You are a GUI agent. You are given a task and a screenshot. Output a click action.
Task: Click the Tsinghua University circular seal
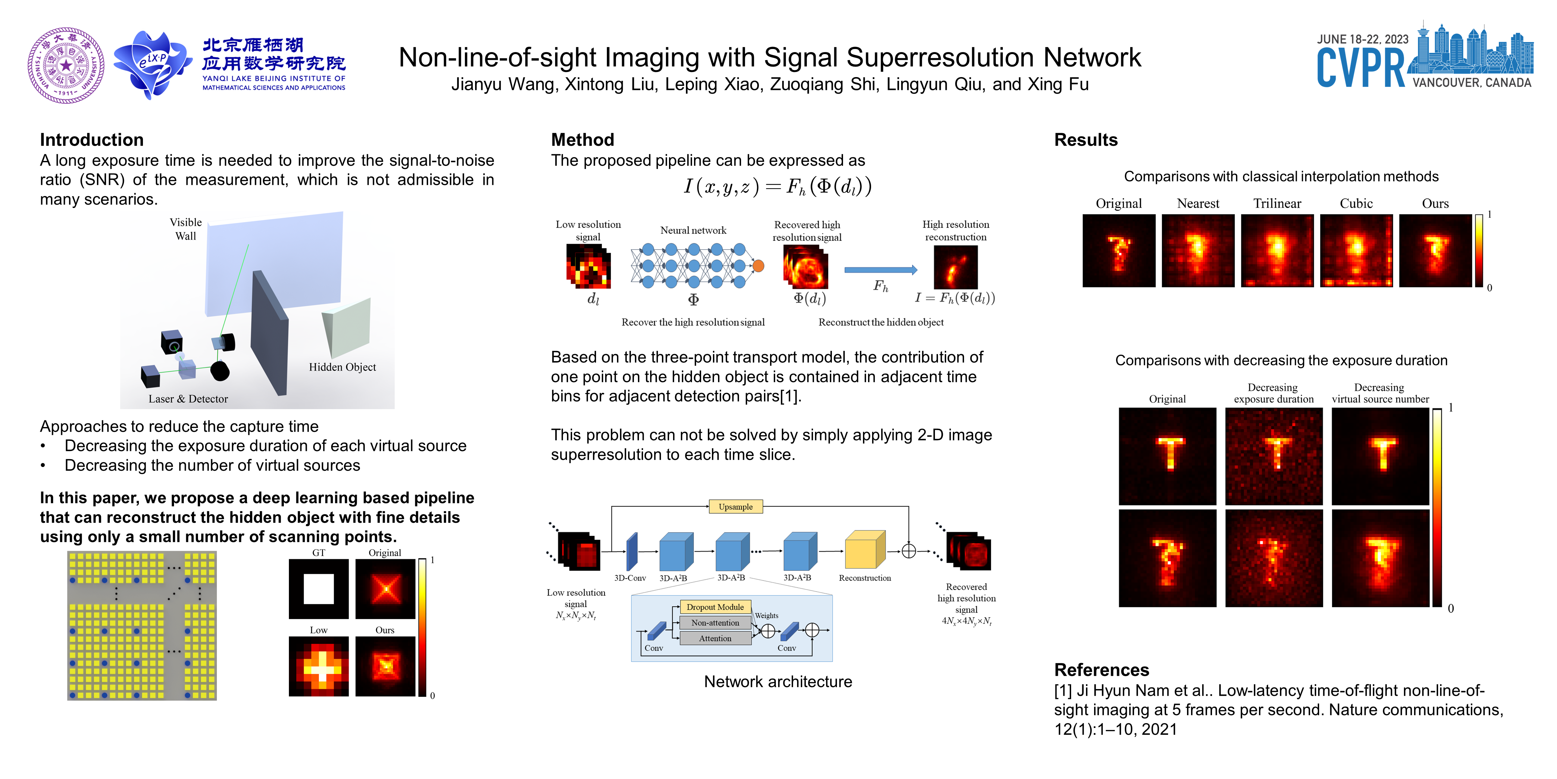coord(66,65)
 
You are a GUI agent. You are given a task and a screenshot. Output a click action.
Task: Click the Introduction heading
coord(92,140)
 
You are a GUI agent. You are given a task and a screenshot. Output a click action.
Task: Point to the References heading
coord(1101,669)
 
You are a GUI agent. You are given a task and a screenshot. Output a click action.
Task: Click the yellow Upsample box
coord(735,507)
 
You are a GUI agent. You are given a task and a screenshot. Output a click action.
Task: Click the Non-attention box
coord(715,622)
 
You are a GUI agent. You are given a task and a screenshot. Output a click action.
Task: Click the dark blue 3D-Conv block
coord(632,551)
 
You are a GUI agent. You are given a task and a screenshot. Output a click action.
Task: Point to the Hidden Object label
coord(342,367)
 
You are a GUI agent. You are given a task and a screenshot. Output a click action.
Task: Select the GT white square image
coord(319,589)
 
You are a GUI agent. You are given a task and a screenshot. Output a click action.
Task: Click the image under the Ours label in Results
coord(1435,251)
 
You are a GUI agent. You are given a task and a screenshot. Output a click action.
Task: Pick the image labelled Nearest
coord(1198,251)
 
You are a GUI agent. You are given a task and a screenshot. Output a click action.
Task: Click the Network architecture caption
coord(778,682)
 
